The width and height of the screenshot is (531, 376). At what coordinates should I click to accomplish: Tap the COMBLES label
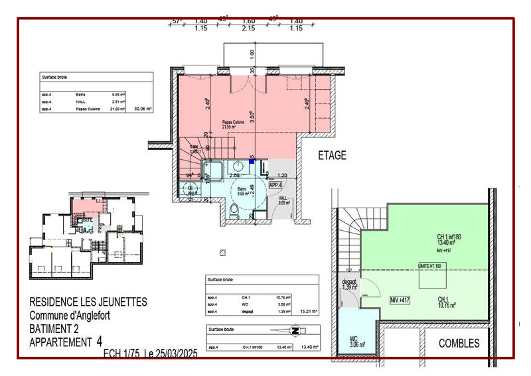(x=459, y=343)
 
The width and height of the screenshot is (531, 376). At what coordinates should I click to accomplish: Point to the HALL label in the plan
(x=283, y=200)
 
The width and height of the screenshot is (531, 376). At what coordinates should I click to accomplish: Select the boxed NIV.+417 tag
(x=400, y=300)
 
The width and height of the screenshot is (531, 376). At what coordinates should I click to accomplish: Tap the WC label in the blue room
(x=353, y=341)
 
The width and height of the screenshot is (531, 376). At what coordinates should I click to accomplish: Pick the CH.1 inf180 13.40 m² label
(x=449, y=240)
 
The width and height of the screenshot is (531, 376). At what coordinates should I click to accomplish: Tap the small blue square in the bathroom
(x=252, y=160)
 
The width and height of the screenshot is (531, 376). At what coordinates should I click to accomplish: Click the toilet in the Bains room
(x=232, y=211)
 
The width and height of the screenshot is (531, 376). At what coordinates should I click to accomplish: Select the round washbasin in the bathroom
(x=237, y=168)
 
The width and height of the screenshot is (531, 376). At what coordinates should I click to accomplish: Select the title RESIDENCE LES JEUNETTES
(x=88, y=302)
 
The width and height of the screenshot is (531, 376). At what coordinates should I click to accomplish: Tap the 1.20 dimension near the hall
(x=281, y=176)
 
